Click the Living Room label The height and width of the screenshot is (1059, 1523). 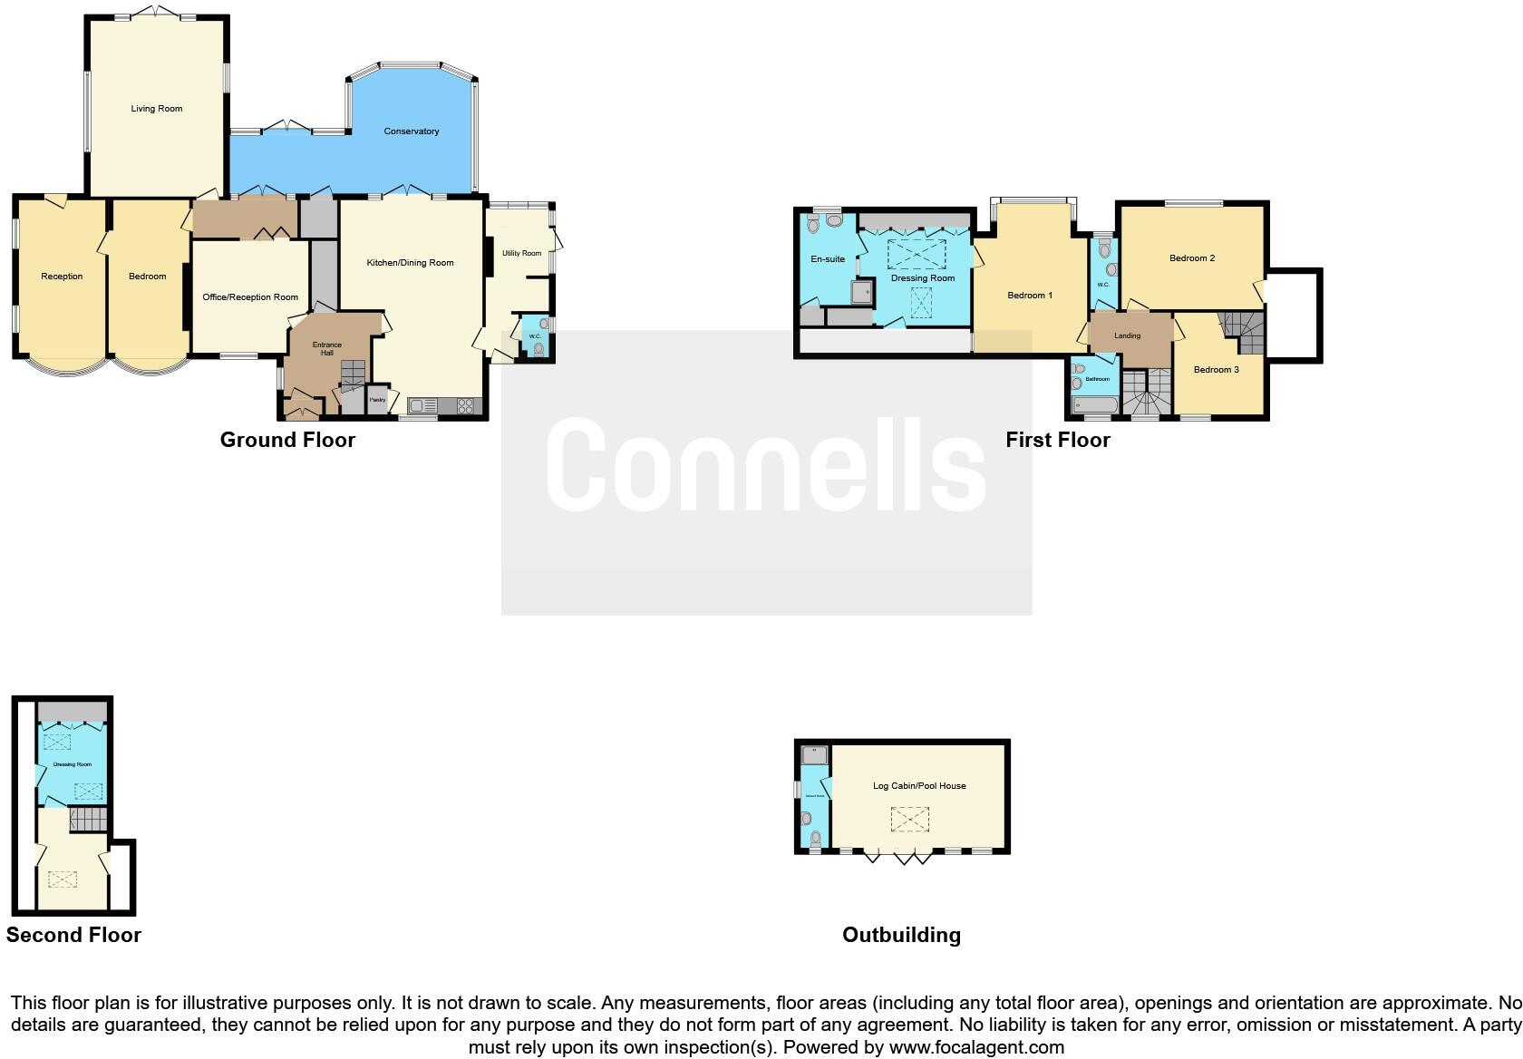(x=157, y=109)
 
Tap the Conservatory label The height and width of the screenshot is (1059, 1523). (x=412, y=131)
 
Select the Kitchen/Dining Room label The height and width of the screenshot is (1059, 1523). (x=410, y=263)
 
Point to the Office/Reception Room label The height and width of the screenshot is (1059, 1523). (x=250, y=297)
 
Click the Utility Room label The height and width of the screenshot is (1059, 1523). (x=522, y=253)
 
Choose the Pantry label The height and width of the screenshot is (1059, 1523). (x=377, y=400)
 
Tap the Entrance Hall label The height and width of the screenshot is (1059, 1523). (x=327, y=348)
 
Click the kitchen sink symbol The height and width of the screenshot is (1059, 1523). (x=422, y=406)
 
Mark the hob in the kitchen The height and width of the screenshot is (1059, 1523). (x=466, y=406)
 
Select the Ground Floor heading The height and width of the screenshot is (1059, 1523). (x=287, y=441)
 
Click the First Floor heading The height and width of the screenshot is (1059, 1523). (x=1057, y=441)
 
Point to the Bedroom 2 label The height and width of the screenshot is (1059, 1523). (x=1191, y=258)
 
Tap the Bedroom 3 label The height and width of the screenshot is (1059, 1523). (x=1216, y=370)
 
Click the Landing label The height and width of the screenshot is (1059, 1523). (x=1127, y=336)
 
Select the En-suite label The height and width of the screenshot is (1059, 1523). (x=828, y=259)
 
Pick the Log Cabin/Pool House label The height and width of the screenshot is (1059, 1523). (x=919, y=786)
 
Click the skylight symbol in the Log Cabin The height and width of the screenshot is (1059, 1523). (x=909, y=821)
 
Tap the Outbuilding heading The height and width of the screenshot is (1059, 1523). (x=901, y=936)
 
